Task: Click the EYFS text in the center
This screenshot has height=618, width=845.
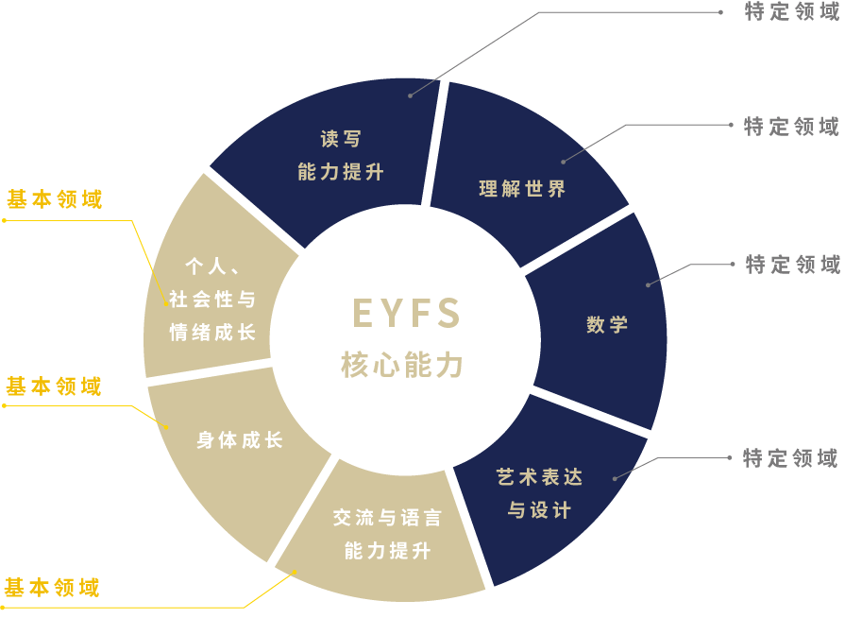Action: pos(405,313)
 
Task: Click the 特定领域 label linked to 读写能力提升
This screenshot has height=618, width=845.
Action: pos(791,12)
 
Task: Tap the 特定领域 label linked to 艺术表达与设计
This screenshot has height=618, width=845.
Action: pos(790,459)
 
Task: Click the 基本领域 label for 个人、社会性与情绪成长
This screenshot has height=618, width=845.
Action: pos(54,199)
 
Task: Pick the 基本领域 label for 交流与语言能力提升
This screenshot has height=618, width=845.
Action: pos(51,588)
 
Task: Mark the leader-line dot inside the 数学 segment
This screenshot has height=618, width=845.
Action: pos(648,283)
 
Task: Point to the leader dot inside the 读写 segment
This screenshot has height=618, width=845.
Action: pos(410,95)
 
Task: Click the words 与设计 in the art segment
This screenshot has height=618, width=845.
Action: pos(539,510)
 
